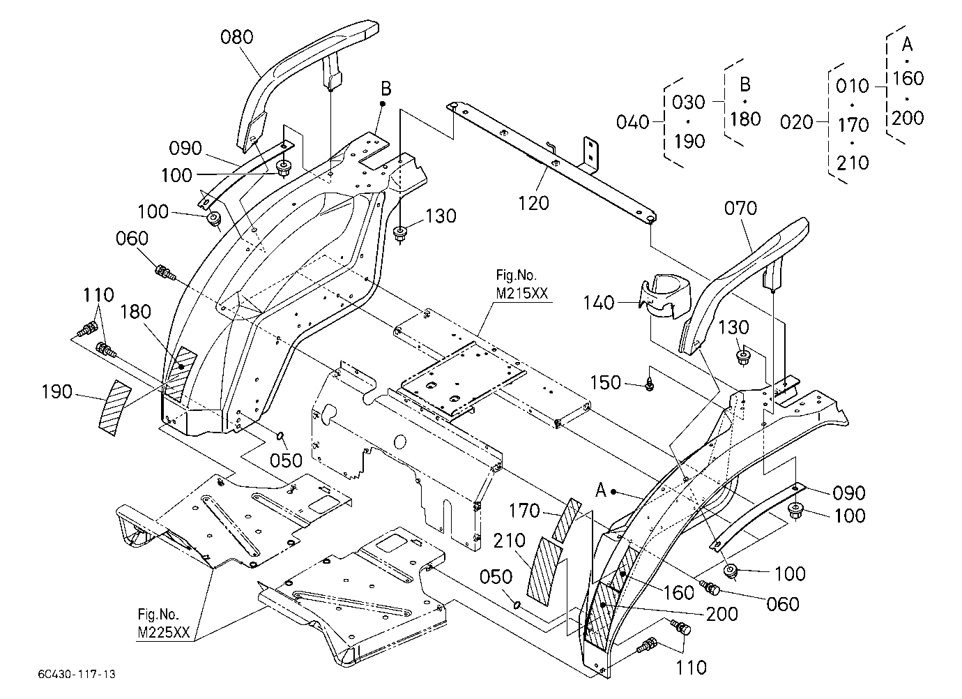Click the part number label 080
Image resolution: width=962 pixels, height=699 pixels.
pos(236,37)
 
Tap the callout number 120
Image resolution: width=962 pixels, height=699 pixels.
pos(533,203)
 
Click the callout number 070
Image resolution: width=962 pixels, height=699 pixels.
pos(740,208)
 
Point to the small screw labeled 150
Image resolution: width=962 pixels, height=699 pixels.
pos(650,384)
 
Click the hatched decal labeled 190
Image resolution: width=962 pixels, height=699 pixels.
pos(114,408)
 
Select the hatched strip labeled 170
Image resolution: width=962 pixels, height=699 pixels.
pos(566,520)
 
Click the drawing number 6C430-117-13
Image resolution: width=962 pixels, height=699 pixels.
pos(77,674)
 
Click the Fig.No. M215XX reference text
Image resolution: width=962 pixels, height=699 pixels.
pos(522,284)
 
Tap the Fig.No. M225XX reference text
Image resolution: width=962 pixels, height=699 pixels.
pos(164,624)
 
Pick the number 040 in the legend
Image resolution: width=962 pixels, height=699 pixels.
pos(632,122)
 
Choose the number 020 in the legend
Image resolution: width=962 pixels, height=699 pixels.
pos(797,122)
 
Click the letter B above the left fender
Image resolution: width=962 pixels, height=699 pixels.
pos(386,89)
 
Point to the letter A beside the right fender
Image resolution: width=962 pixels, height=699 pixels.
pos(601,490)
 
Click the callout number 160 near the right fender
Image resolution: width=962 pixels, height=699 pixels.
pos(679,593)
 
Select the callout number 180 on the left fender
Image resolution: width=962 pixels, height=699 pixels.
pos(135,312)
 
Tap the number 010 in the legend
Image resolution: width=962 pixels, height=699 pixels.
pos(853,87)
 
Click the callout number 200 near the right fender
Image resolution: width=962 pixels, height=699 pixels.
pos(722,614)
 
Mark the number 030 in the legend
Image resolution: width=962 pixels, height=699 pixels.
pos(689,103)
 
